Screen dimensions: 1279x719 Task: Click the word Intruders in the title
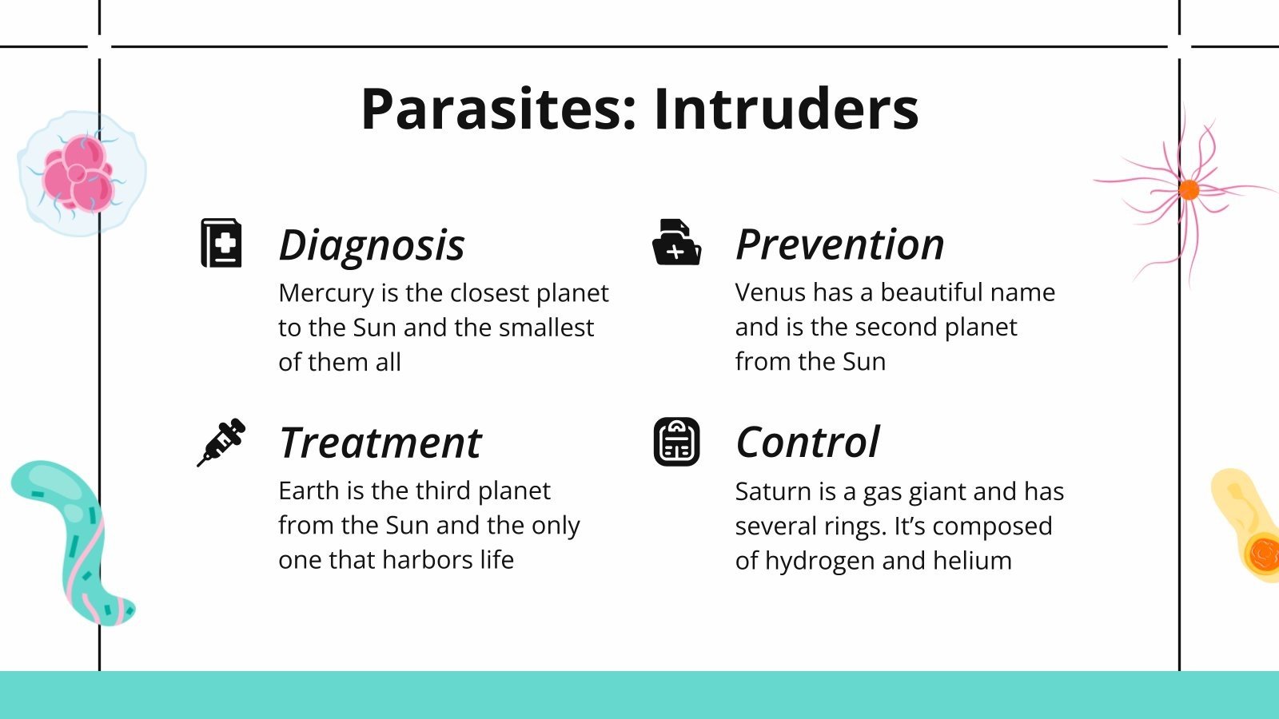[787, 109]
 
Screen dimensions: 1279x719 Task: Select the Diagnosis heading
[372, 245]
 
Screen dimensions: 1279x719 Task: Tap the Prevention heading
[840, 244]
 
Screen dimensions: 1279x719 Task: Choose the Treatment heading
[381, 443]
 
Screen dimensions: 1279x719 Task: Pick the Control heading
[807, 442]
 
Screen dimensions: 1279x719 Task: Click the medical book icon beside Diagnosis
[221, 243]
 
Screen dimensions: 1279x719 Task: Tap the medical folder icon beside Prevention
[676, 242]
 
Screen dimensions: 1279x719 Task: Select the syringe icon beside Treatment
[221, 443]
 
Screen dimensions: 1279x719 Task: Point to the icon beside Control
[676, 442]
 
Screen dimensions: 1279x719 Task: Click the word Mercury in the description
[327, 293]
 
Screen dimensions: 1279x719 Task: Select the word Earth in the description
[309, 491]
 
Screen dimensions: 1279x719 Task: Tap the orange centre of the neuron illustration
[1189, 189]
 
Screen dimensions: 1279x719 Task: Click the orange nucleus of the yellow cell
[1264, 552]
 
